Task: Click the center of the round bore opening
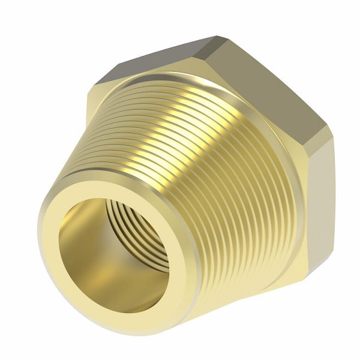114,252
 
